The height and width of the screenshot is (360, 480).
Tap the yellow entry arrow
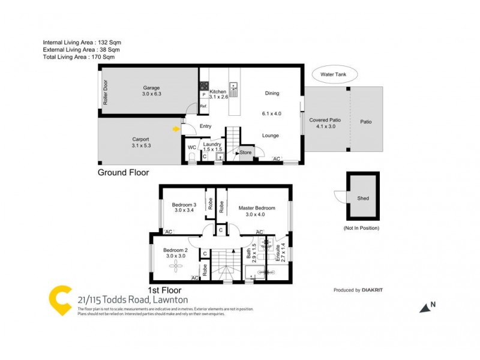[x=176, y=128]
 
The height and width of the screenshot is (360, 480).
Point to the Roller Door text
[x=105, y=93]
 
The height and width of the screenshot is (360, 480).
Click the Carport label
[x=140, y=139]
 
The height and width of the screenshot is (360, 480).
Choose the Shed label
[x=363, y=199]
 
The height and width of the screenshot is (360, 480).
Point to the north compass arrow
[x=425, y=307]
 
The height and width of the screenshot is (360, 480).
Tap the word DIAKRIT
[x=373, y=290]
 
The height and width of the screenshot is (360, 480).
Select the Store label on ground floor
[x=246, y=153]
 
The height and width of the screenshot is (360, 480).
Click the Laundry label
[x=212, y=144]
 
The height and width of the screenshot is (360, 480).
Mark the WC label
[x=191, y=146]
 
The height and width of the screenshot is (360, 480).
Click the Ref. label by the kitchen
[x=203, y=106]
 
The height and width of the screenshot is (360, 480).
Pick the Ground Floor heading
[x=123, y=172]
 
